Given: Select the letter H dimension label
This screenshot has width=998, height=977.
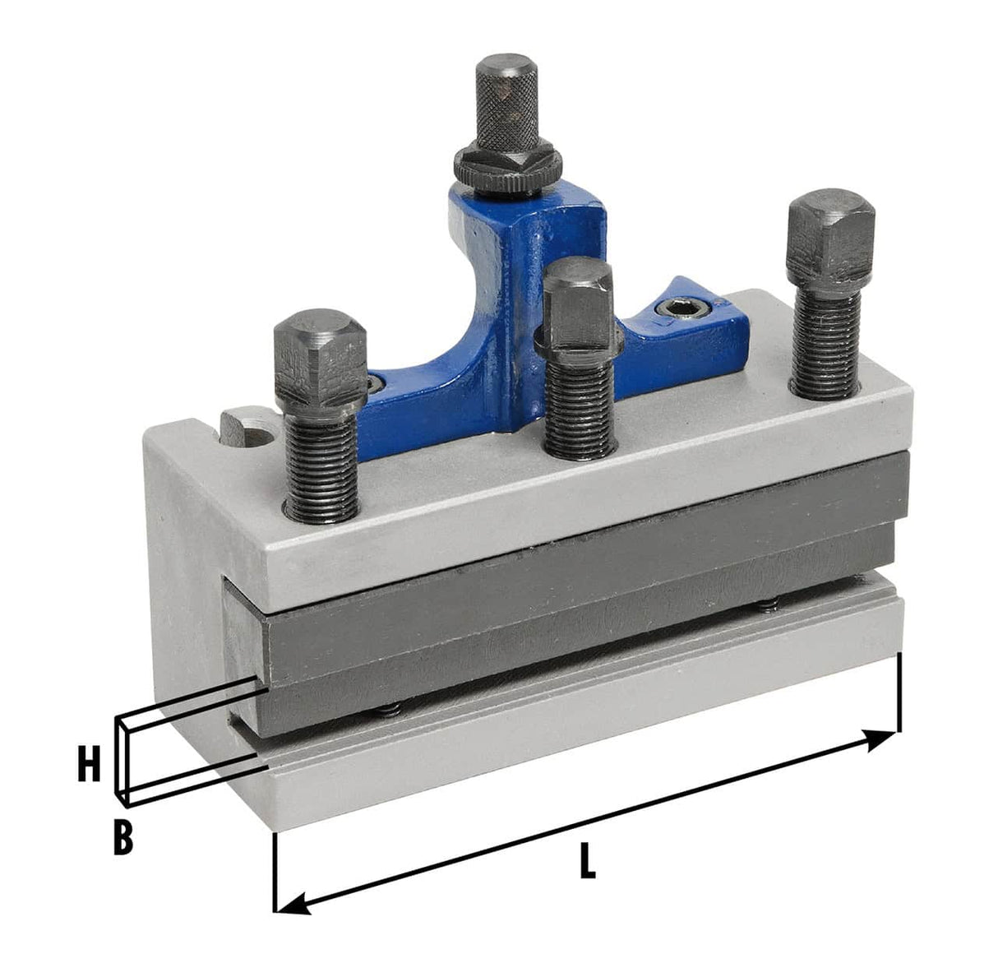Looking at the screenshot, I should click(89, 765).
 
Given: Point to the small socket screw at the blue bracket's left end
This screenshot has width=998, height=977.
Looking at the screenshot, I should click(376, 382).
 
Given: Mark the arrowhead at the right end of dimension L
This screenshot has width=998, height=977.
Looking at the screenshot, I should click(884, 738).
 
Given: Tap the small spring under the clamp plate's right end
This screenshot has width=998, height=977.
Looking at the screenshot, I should click(768, 607).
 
